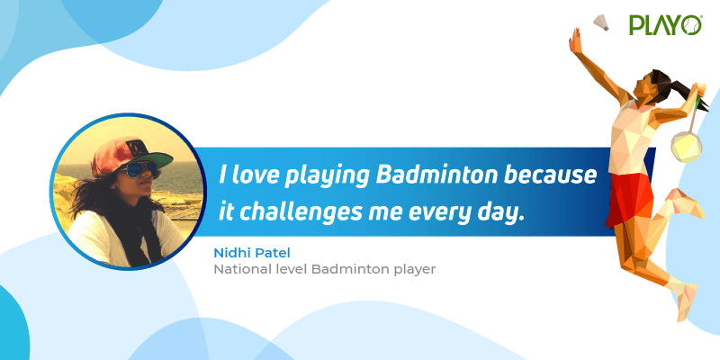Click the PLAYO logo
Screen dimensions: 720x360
(665, 25)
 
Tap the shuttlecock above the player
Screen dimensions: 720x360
(600, 22)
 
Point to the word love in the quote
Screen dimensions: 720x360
(255, 175)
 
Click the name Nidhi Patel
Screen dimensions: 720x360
(252, 253)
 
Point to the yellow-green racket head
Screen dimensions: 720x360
(687, 147)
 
